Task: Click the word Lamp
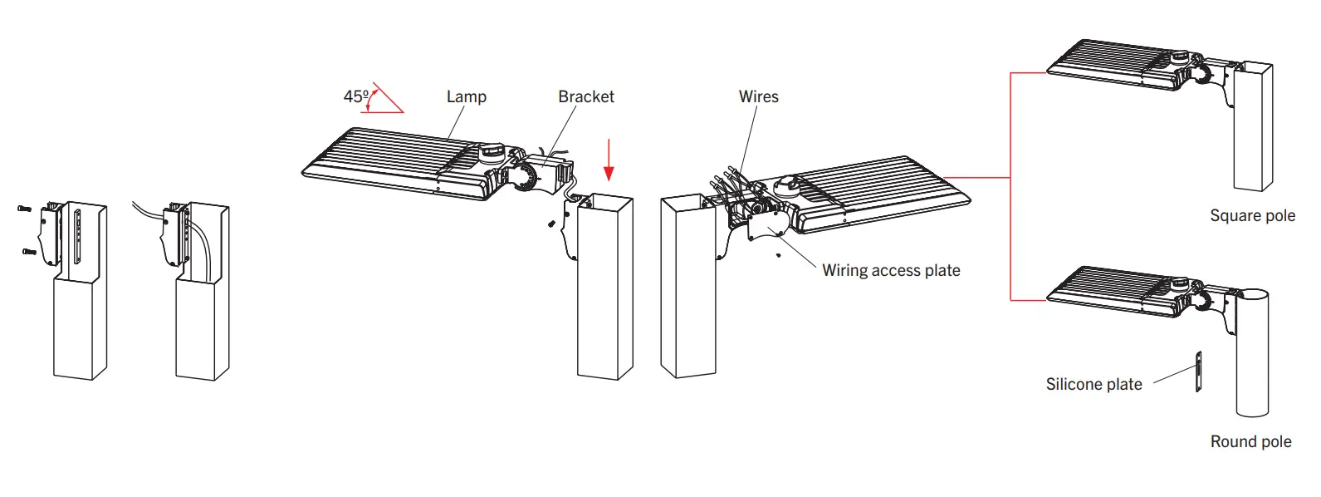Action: tap(466, 96)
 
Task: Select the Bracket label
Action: tap(585, 96)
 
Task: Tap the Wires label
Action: tap(758, 96)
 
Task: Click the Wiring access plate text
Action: tap(890, 270)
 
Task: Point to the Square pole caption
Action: tap(1252, 216)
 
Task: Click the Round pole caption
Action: tap(1250, 442)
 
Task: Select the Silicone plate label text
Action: tap(1093, 384)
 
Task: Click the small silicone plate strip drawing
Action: tap(1198, 372)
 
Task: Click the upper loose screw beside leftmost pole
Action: tap(23, 208)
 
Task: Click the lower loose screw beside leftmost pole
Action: tap(29, 250)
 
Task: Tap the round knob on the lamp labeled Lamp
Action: tap(491, 152)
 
